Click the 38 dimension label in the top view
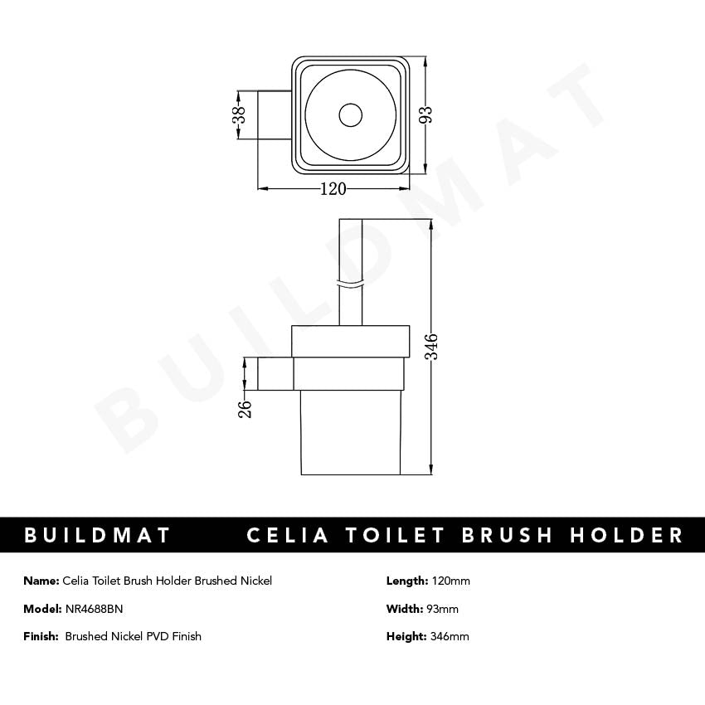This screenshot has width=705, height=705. (x=239, y=114)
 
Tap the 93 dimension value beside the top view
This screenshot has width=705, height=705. (x=427, y=114)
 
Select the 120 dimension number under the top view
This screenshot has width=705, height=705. (x=333, y=189)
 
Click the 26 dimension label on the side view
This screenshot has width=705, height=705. (x=246, y=407)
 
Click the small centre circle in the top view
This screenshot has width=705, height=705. (x=351, y=115)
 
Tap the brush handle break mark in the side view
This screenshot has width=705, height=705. (x=351, y=284)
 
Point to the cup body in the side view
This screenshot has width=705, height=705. (x=351, y=431)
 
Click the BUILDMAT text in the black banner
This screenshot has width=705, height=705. (x=98, y=535)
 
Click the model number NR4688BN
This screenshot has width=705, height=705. (x=94, y=609)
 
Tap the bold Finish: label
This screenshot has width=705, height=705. (x=41, y=637)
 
